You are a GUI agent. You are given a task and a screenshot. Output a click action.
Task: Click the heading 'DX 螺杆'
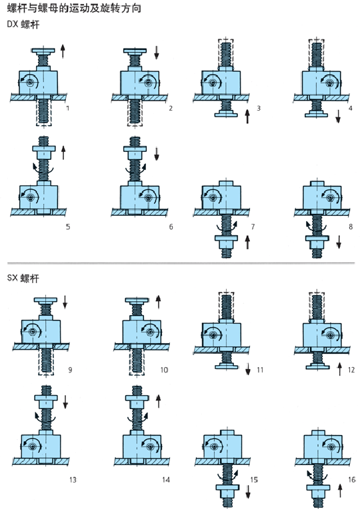(x=23, y=25)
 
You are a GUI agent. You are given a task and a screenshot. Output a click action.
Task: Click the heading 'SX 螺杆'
(x=23, y=278)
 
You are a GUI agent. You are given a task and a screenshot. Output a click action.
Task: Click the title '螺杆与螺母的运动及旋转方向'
(x=74, y=8)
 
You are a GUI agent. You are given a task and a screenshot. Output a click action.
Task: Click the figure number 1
(x=67, y=108)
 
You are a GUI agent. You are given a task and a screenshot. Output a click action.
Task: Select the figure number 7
(x=253, y=227)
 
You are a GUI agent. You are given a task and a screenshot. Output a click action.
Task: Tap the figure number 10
(x=164, y=370)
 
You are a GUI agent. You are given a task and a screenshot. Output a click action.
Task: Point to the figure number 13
(x=73, y=480)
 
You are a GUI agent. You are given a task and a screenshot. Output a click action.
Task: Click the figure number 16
(x=352, y=480)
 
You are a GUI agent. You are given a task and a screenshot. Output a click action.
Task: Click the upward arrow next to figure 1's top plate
(x=63, y=51)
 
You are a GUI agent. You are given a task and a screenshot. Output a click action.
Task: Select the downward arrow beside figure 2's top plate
(x=157, y=52)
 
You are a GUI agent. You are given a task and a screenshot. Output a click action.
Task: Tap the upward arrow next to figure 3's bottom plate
(x=247, y=116)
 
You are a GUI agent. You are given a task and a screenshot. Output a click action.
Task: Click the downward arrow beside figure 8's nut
(x=339, y=242)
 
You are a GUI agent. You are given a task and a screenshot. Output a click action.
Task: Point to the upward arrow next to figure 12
(x=340, y=369)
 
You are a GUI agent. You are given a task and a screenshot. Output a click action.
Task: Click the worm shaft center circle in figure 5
(x=31, y=197)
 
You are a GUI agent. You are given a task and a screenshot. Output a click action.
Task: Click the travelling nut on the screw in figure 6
(x=135, y=152)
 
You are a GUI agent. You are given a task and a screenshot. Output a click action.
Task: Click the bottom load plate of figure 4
(x=317, y=114)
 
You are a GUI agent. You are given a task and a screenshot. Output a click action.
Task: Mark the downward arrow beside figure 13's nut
(x=65, y=401)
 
